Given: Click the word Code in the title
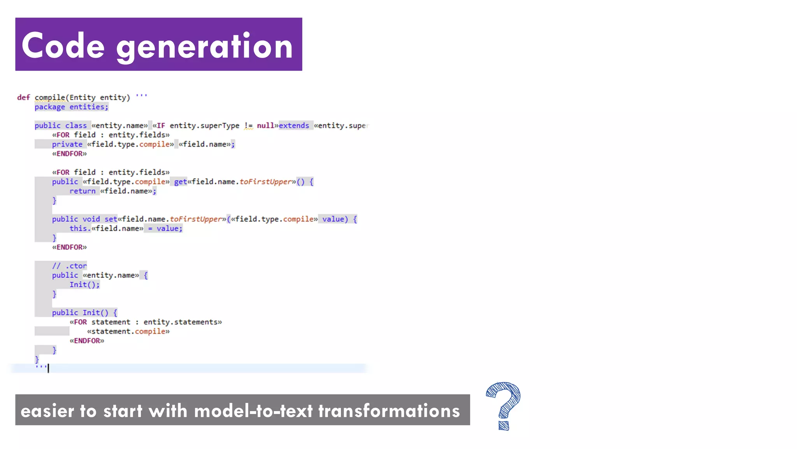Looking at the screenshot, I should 63,46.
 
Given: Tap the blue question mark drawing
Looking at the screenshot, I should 503,405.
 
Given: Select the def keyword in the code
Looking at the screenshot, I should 23,97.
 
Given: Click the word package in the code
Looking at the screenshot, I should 49,107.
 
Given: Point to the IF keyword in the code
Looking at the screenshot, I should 161,126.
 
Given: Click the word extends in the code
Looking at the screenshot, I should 294,126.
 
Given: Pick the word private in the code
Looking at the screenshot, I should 67,144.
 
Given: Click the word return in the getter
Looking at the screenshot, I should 82,191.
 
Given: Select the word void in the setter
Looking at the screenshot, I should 91,219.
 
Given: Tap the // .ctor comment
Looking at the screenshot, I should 69,266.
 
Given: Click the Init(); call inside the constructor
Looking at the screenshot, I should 84,285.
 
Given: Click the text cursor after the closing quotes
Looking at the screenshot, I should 48,368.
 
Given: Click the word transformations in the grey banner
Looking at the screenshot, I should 389,411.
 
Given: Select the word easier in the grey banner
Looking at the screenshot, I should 47,411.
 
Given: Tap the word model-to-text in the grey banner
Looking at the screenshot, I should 253,411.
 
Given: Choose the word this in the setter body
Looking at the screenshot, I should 78,228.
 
